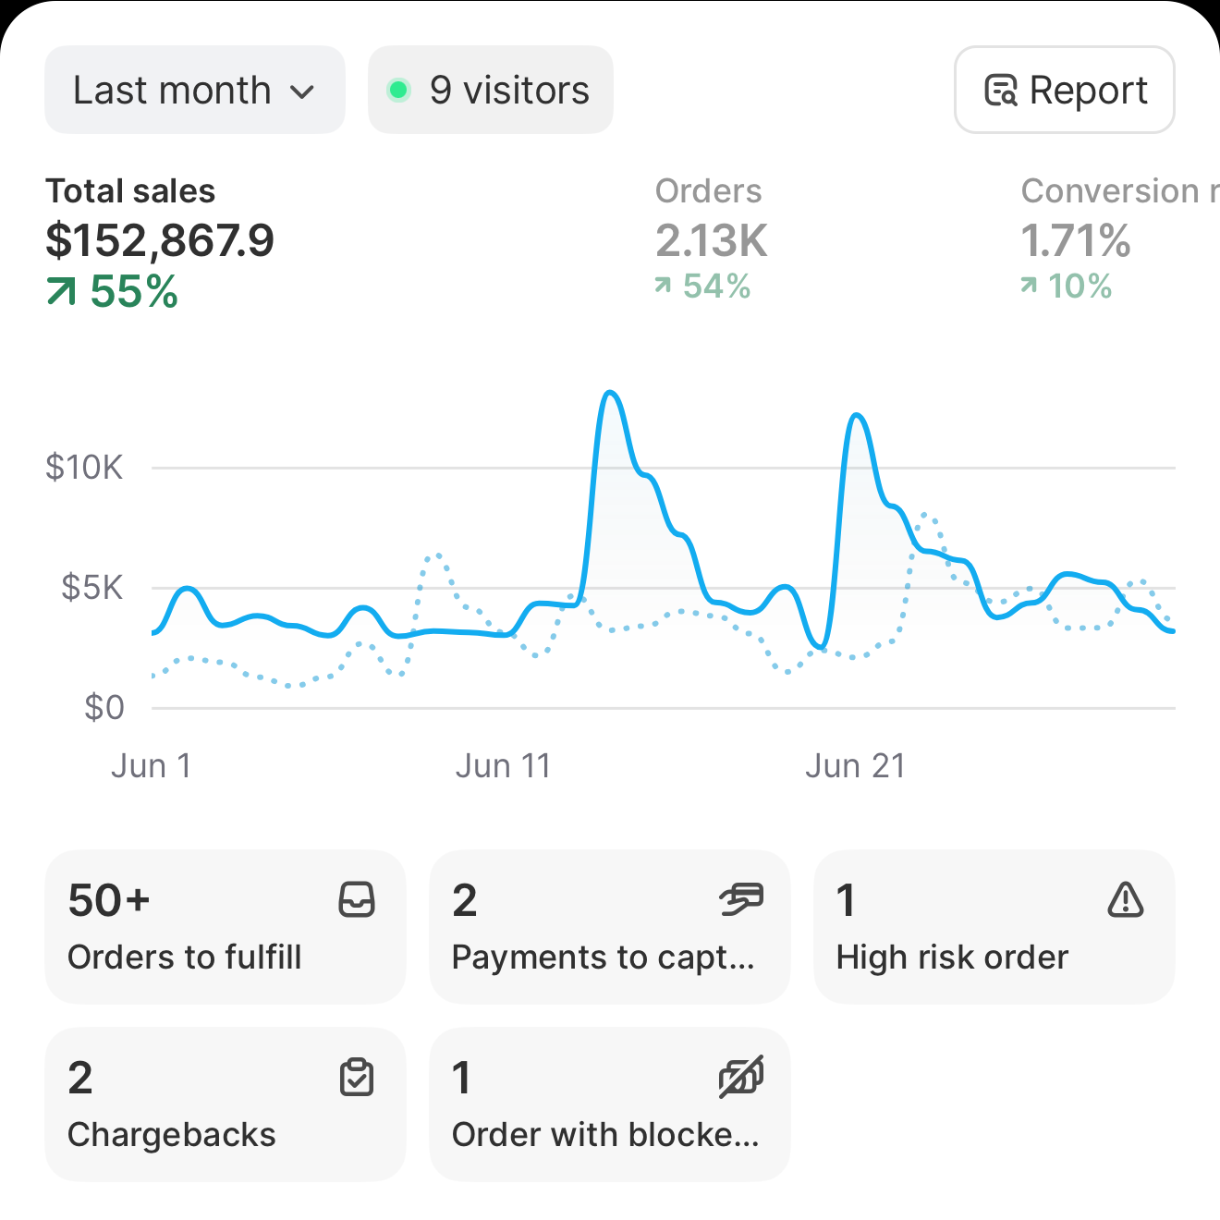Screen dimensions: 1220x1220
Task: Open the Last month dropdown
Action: (194, 90)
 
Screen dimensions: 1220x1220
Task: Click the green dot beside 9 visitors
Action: (398, 90)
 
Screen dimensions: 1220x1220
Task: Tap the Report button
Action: (1064, 90)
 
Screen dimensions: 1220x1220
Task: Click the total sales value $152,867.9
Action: (160, 240)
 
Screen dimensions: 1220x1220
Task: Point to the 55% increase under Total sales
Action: (113, 292)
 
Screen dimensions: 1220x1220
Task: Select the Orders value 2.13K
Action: (711, 240)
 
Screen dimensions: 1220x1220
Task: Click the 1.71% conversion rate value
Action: (1075, 240)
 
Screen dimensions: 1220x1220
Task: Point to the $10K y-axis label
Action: (84, 468)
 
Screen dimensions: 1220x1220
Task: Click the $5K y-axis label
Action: (91, 587)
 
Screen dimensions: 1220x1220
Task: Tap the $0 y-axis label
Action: (104, 707)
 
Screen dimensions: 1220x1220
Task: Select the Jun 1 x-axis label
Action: (152, 766)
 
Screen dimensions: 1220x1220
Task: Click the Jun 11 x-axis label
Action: (503, 766)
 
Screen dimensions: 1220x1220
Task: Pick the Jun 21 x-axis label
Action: (855, 766)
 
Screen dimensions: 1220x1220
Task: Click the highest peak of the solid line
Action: (610, 393)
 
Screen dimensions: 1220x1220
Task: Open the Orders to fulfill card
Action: (225, 927)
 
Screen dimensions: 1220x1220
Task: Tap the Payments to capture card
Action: (609, 927)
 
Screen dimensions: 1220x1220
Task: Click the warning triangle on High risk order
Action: (1125, 899)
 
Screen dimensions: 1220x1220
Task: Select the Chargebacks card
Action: (225, 1104)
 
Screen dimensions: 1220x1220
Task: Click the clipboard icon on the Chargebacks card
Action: (357, 1077)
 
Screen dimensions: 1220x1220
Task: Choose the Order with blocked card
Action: (609, 1104)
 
